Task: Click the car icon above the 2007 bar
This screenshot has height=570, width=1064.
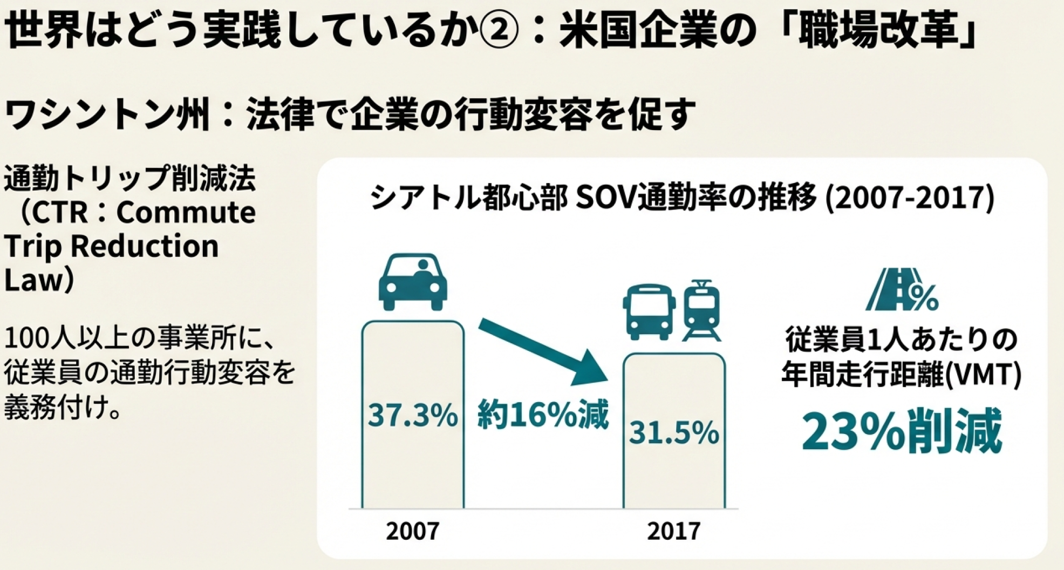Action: (413, 282)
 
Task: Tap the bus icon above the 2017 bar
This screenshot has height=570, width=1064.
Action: (649, 311)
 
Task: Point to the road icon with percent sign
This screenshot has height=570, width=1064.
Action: (903, 290)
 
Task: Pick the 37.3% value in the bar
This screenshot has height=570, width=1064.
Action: (413, 416)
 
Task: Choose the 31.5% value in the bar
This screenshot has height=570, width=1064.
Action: (674, 433)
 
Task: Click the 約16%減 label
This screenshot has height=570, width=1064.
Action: (543, 415)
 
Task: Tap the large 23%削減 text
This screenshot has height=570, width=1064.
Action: (902, 432)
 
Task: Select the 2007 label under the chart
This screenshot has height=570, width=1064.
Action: (413, 531)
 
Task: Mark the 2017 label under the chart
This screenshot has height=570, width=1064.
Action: (674, 531)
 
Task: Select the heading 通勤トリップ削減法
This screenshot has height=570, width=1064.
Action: (129, 179)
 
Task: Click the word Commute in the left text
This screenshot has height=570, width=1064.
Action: (186, 213)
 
